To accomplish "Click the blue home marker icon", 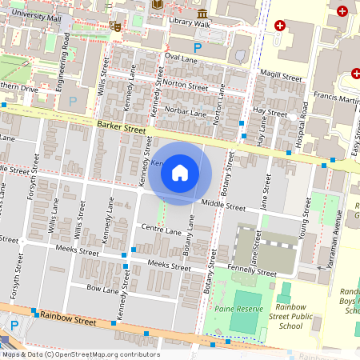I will point(180,173).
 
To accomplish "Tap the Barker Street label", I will point(122,128).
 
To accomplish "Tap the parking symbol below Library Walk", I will point(175,47).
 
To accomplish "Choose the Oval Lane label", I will point(181,58).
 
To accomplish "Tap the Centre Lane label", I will point(162,230).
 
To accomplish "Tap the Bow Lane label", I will point(102,288).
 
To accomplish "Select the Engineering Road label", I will point(62,61).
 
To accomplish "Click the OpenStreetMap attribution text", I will point(80,354).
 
